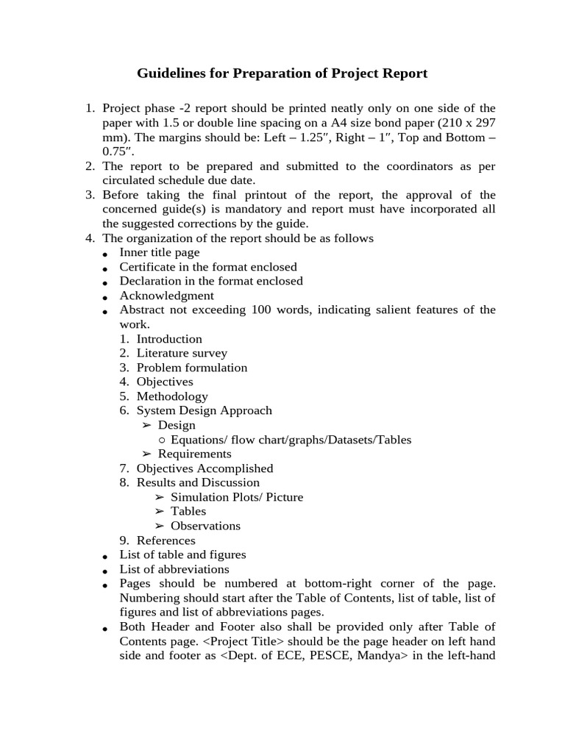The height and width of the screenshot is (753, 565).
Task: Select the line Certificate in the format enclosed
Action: pos(208,267)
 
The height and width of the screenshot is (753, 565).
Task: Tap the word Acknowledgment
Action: pos(167,296)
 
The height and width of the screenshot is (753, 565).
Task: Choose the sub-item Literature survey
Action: pos(182,353)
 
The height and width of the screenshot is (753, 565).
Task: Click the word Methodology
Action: pos(172,396)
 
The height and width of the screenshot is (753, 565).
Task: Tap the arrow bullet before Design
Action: pos(146,425)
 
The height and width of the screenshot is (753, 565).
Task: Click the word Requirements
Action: pos(194,454)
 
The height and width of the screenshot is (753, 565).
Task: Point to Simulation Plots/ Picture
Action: pos(236,497)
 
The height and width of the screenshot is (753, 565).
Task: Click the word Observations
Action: pos(205,526)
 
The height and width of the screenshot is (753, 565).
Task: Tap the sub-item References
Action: pos(166,540)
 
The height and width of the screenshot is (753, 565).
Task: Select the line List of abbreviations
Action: pos(174,569)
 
